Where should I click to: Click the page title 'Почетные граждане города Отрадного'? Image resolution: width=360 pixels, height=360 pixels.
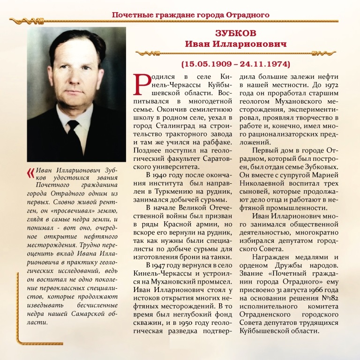190,15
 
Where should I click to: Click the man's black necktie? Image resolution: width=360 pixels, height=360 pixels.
75,134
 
